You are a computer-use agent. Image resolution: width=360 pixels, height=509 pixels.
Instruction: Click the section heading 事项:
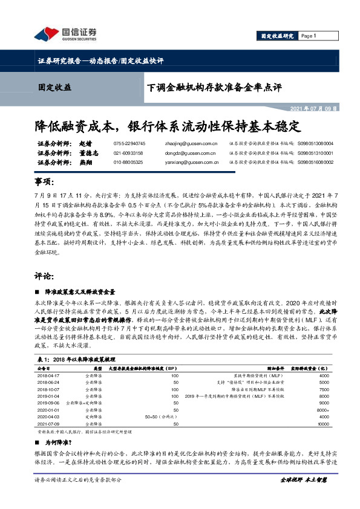[49, 182]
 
